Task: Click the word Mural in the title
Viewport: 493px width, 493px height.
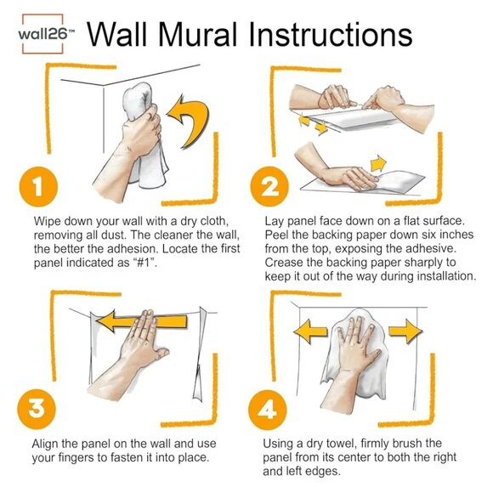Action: [197, 34]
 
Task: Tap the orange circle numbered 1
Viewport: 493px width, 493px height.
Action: [38, 186]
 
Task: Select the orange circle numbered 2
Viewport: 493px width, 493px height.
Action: [269, 186]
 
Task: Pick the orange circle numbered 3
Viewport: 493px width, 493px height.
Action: [37, 409]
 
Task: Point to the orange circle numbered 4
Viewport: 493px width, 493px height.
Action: [268, 410]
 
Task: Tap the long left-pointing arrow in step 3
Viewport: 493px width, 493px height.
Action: [141, 321]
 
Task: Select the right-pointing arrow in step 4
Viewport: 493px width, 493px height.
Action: [405, 331]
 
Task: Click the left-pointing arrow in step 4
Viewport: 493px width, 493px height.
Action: [310, 331]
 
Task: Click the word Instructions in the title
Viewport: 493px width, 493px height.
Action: [330, 34]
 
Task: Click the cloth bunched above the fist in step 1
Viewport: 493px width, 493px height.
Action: [138, 100]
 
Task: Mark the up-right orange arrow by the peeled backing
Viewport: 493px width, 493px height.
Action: [378, 163]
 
